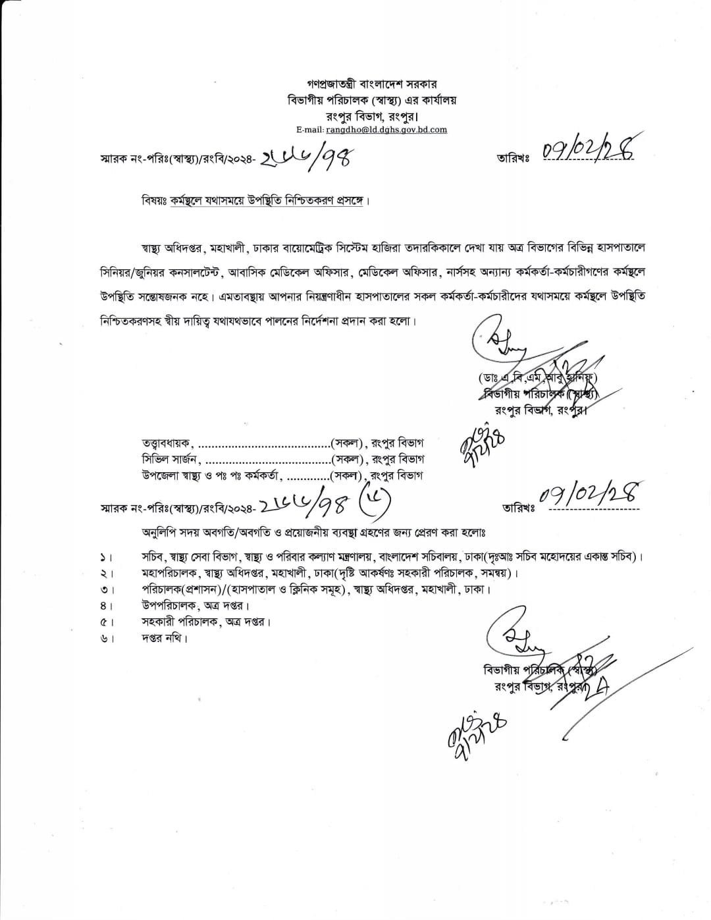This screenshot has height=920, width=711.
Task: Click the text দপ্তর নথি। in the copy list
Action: coord(164,637)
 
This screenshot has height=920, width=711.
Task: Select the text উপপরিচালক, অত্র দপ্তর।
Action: coord(195,605)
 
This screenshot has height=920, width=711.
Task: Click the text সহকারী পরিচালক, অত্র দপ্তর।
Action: coord(206,621)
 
